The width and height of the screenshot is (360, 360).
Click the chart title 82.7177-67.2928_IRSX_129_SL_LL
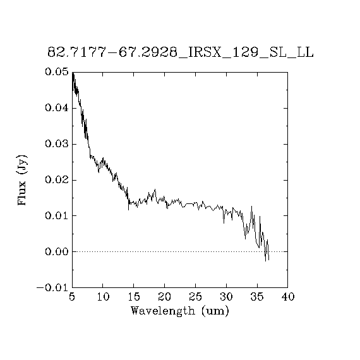(181, 52)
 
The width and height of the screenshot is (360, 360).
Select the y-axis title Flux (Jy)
(22, 180)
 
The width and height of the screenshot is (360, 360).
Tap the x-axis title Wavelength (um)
(180, 311)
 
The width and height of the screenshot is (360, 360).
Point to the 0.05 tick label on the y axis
(57, 72)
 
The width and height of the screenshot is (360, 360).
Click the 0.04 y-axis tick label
(57, 107)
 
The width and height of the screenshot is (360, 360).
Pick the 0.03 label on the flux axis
(57, 144)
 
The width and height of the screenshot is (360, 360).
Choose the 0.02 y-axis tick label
(57, 180)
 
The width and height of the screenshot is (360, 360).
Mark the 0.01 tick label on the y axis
(57, 215)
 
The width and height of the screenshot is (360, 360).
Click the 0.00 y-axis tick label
(57, 251)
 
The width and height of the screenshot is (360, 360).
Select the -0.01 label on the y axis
(52, 287)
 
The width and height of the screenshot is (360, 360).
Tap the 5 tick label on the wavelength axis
(72, 297)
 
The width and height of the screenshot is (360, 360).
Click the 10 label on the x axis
(103, 297)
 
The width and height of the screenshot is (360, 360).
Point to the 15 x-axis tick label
(134, 297)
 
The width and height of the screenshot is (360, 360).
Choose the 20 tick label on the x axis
(165, 297)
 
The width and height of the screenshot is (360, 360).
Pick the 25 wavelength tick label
(196, 297)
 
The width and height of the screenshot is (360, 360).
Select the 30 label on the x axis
(226, 297)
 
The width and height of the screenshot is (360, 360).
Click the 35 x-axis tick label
(257, 297)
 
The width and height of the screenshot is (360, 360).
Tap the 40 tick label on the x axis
(288, 297)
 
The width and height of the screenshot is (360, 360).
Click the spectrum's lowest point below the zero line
(266, 261)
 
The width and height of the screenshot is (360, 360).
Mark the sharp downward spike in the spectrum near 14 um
(129, 210)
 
